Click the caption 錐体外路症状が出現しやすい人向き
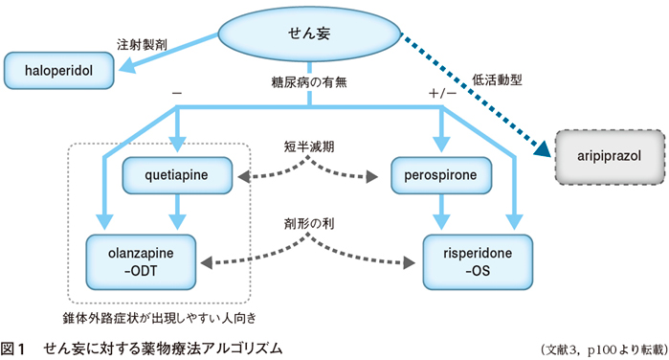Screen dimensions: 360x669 pyautogui.click(x=158, y=312)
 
